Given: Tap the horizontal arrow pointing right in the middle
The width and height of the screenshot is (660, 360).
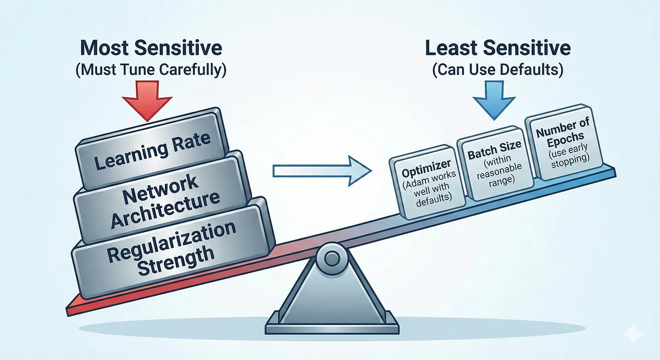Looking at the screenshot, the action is click(322, 171).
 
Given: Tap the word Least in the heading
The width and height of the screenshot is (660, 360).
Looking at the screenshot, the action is click(452, 48).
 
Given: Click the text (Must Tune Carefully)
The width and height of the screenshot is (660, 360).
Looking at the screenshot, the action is click(151, 70).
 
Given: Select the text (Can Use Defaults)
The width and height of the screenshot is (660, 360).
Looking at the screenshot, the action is click(498, 70).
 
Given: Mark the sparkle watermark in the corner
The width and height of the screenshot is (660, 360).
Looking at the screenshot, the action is click(633, 333).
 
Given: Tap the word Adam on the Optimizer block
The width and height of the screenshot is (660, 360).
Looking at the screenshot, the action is click(417, 182).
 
